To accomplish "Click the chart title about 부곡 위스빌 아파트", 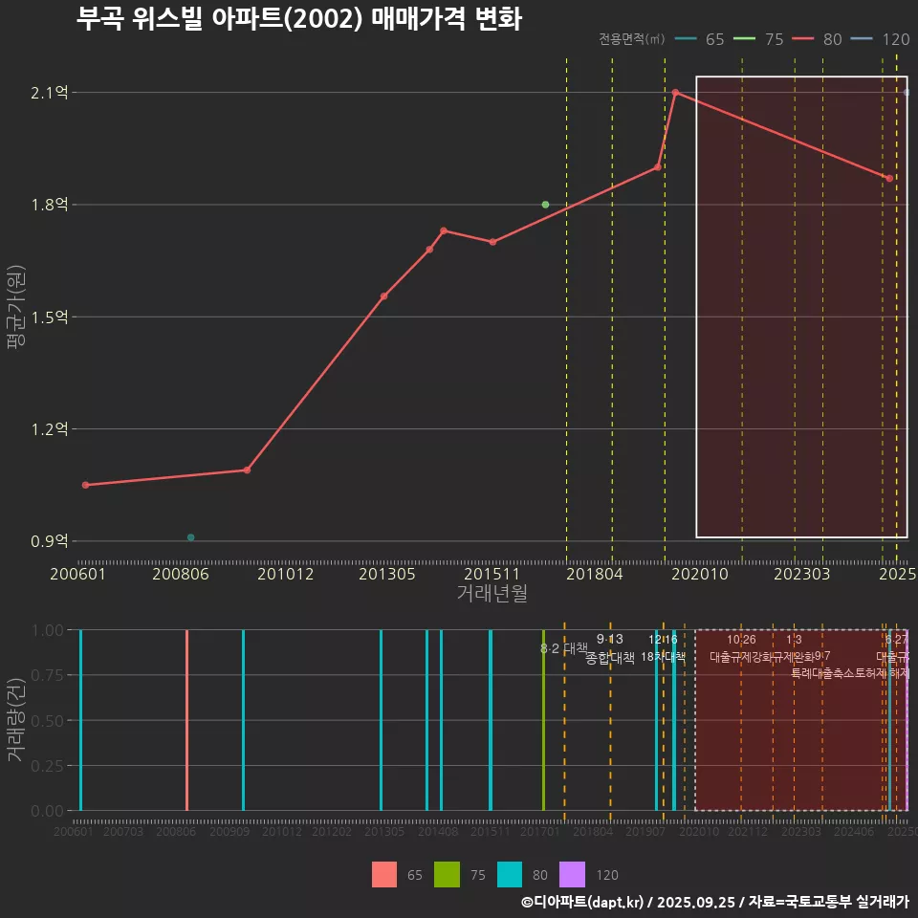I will (x=298, y=20).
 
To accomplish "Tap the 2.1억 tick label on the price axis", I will (x=50, y=93).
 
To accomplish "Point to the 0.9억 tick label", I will (x=50, y=541).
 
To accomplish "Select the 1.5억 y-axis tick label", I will (x=50, y=317).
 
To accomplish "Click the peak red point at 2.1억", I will (x=675, y=93).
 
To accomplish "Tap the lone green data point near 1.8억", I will (x=545, y=205).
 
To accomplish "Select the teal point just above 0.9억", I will (x=190, y=537).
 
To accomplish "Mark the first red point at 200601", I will (x=85, y=485).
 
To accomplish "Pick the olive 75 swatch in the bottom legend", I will (x=447, y=874).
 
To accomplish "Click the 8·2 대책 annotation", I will (x=564, y=648).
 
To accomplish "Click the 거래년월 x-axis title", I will (x=492, y=594).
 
